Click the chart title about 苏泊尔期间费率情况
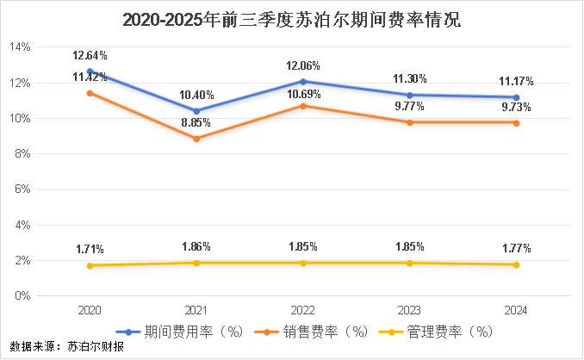[292, 19]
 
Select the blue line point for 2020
[90, 71]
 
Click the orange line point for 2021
[197, 138]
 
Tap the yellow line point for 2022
[303, 263]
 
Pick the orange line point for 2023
[410, 122]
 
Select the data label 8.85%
[197, 123]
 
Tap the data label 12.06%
[303, 65]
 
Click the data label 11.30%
[410, 79]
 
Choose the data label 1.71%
[90, 249]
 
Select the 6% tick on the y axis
[22, 189]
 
